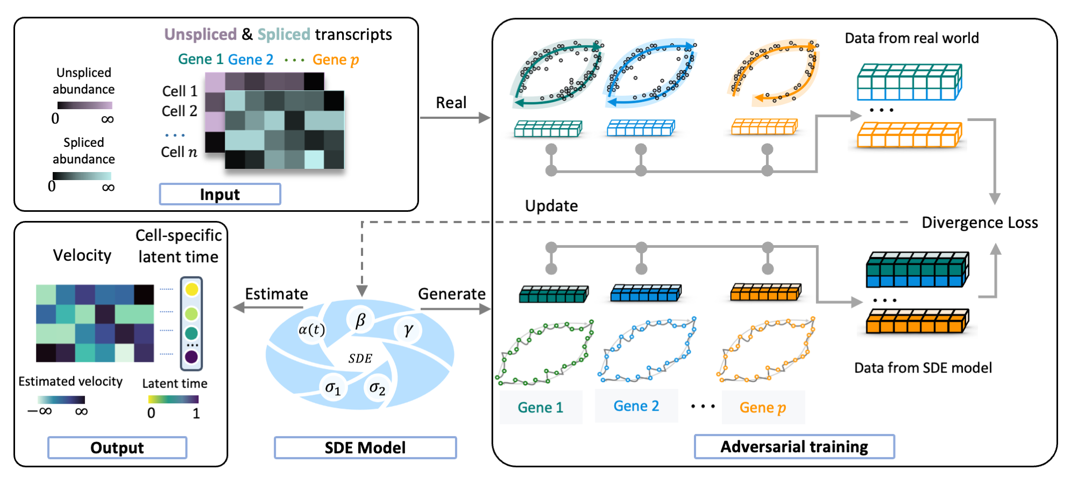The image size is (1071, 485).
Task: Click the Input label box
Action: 220,194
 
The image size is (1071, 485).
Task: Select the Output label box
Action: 117,447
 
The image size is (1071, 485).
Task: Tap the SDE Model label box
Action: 365,447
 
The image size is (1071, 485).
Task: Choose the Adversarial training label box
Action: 794,446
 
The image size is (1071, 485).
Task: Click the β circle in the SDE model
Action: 360,320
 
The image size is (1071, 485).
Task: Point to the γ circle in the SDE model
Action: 408,329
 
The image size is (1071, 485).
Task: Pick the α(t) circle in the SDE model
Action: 311,329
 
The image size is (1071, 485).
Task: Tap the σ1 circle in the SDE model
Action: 333,387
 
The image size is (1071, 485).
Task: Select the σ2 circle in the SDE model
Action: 377,387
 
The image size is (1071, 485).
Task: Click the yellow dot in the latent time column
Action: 191,290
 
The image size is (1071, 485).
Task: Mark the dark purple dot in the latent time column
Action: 191,357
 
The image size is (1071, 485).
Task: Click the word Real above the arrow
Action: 451,103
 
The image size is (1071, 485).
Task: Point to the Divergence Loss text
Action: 980,223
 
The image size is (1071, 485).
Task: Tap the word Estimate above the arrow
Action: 276,294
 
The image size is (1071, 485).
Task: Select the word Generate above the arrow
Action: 451,294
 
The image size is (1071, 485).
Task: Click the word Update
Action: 551,206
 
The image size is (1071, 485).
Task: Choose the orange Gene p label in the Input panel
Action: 336,60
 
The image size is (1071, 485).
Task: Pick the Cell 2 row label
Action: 180,111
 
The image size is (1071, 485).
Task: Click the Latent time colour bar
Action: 173,399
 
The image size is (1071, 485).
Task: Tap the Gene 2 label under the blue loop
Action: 636,406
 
